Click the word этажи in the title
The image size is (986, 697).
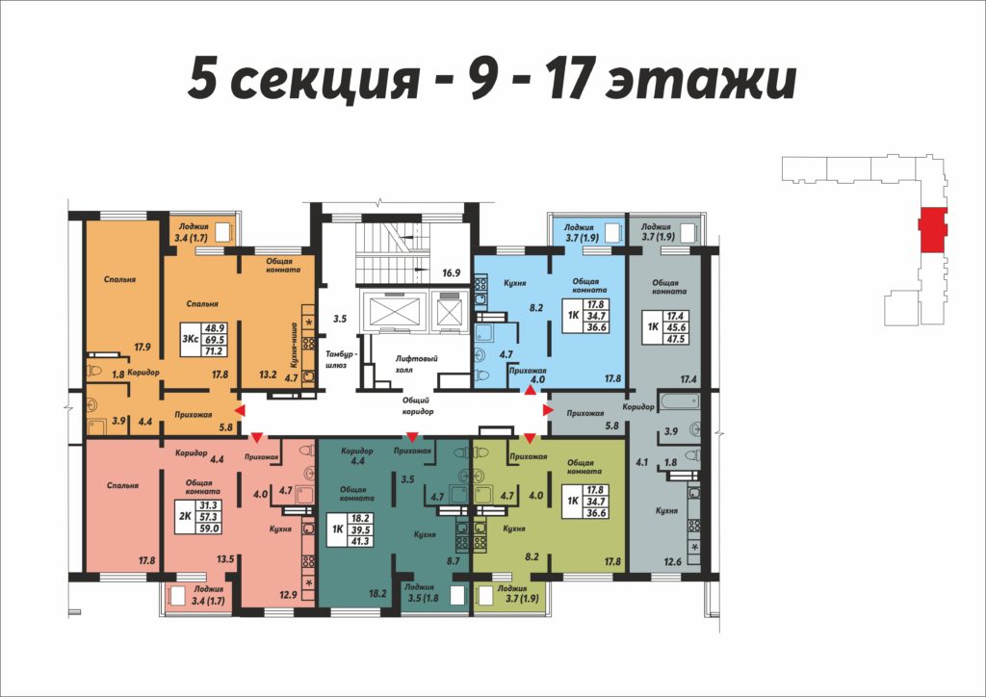[701, 81]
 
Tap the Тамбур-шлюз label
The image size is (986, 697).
[340, 360]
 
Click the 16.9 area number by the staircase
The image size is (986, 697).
[452, 272]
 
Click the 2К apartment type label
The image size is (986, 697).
[186, 517]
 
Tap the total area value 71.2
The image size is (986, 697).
[214, 350]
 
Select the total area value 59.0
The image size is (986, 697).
[209, 529]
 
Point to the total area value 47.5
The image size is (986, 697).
[676, 339]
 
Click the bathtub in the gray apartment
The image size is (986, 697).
[679, 400]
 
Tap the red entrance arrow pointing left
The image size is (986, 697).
[240, 410]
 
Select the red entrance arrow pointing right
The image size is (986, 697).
[548, 410]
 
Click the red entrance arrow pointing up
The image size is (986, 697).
[531, 390]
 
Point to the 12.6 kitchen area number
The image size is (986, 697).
[672, 561]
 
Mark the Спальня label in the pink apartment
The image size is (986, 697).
[122, 485]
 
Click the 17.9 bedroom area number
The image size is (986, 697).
[143, 347]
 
